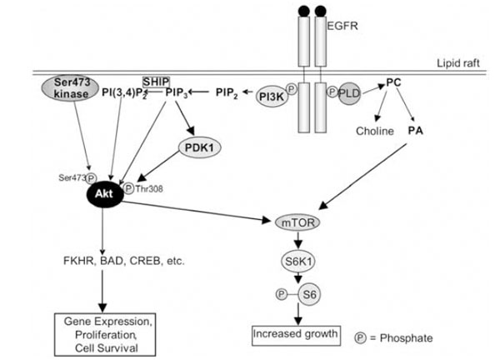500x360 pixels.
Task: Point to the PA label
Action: pos(413,131)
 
